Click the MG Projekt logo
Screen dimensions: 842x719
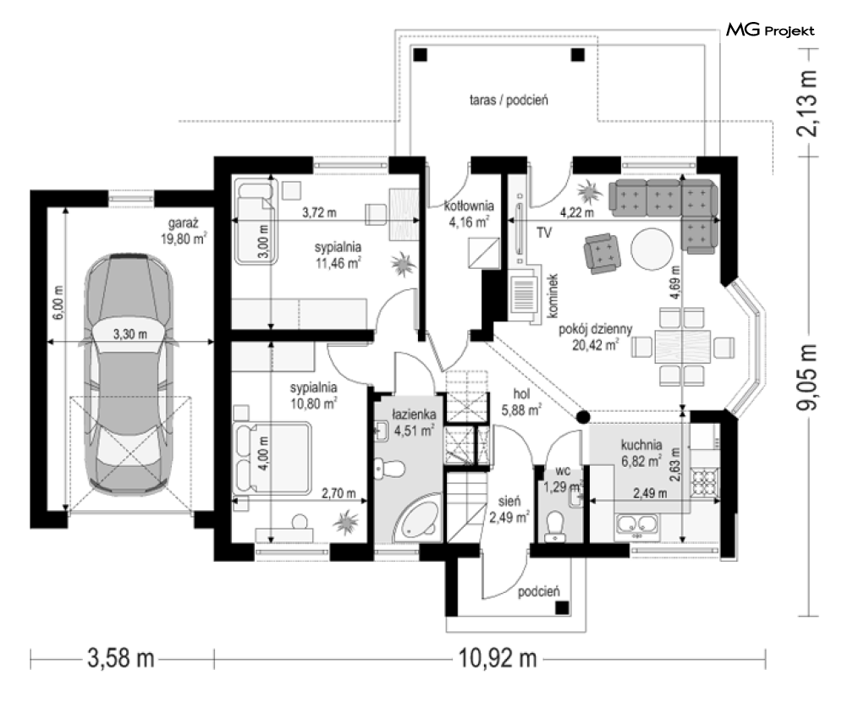770,30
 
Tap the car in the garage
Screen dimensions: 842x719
129,374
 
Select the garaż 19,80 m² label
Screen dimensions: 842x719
184,231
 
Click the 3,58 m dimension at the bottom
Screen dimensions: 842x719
121,658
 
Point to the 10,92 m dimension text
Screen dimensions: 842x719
498,658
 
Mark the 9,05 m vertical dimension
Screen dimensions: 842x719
807,377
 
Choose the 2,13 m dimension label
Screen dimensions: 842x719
807,103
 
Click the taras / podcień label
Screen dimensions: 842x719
509,100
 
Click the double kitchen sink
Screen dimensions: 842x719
637,525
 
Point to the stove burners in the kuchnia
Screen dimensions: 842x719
705,481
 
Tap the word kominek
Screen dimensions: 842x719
553,295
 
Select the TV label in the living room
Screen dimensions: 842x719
544,233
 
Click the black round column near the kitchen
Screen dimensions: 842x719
583,417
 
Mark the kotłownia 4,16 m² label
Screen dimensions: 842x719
469,213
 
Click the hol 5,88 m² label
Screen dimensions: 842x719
521,402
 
